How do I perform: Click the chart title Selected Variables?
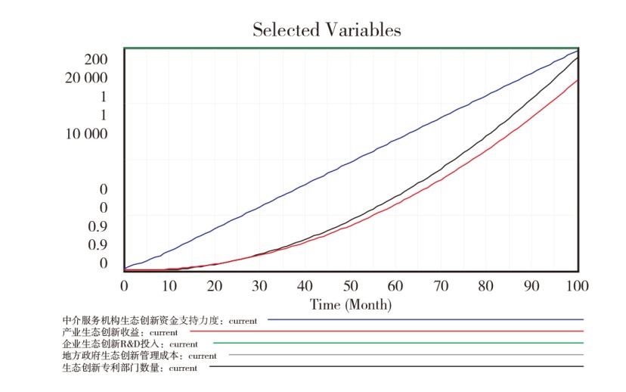327,30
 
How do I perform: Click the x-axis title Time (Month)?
351,305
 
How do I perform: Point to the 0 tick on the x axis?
125,286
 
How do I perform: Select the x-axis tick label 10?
169,286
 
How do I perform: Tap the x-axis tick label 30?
260,286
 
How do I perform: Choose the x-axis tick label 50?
351,286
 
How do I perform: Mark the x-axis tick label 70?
442,286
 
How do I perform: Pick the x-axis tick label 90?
532,286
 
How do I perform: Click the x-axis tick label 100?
576,286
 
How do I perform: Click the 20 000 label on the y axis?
86,78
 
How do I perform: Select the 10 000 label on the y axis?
86,134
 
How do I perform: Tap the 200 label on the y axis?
96,60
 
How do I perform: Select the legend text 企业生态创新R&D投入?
113,344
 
